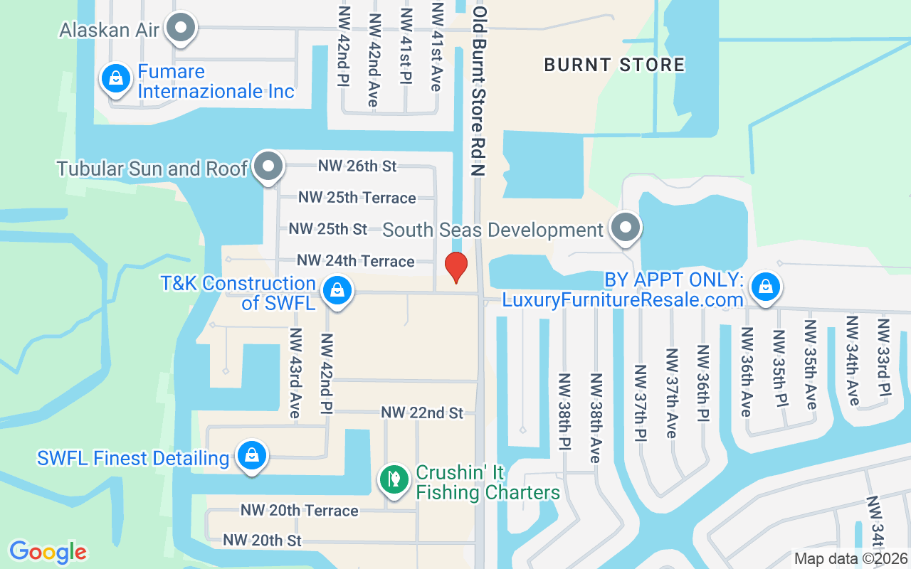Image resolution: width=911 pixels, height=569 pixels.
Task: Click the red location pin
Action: (455, 267)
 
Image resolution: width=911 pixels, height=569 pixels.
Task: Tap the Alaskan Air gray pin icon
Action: (181, 28)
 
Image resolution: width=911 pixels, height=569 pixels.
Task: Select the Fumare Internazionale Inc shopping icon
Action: (115, 79)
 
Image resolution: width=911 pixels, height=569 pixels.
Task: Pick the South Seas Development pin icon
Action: (626, 228)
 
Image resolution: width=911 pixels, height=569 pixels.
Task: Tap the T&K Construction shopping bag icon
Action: (337, 290)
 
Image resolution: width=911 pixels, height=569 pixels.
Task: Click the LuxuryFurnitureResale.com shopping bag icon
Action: (765, 287)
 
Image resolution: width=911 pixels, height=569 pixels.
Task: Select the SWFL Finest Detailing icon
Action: (251, 456)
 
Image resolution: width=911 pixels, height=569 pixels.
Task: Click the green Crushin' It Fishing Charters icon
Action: (393, 479)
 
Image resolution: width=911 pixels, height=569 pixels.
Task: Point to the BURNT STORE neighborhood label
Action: (614, 65)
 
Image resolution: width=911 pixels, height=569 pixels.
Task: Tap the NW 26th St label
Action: (357, 166)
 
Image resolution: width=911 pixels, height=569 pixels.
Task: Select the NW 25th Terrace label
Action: (357, 198)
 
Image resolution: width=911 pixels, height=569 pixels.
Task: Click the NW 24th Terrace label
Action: (355, 261)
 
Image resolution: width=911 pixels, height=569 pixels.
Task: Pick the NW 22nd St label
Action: (422, 413)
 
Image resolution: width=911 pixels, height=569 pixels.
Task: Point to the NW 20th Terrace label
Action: (299, 510)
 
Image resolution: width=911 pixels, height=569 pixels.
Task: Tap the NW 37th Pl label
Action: (640, 402)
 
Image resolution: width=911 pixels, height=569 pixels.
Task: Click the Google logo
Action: (48, 552)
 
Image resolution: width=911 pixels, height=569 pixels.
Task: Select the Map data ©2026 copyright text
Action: (850, 559)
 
